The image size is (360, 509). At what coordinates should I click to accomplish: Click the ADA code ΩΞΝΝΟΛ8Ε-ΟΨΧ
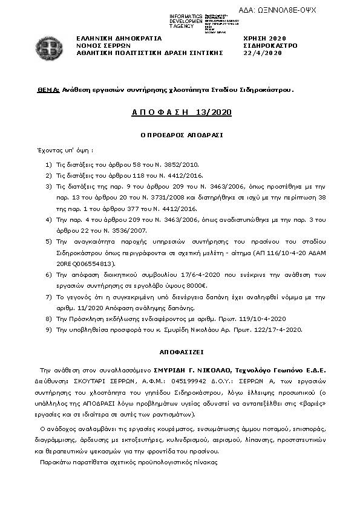click(286, 11)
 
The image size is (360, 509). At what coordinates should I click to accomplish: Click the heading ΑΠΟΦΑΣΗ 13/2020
click(181, 112)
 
